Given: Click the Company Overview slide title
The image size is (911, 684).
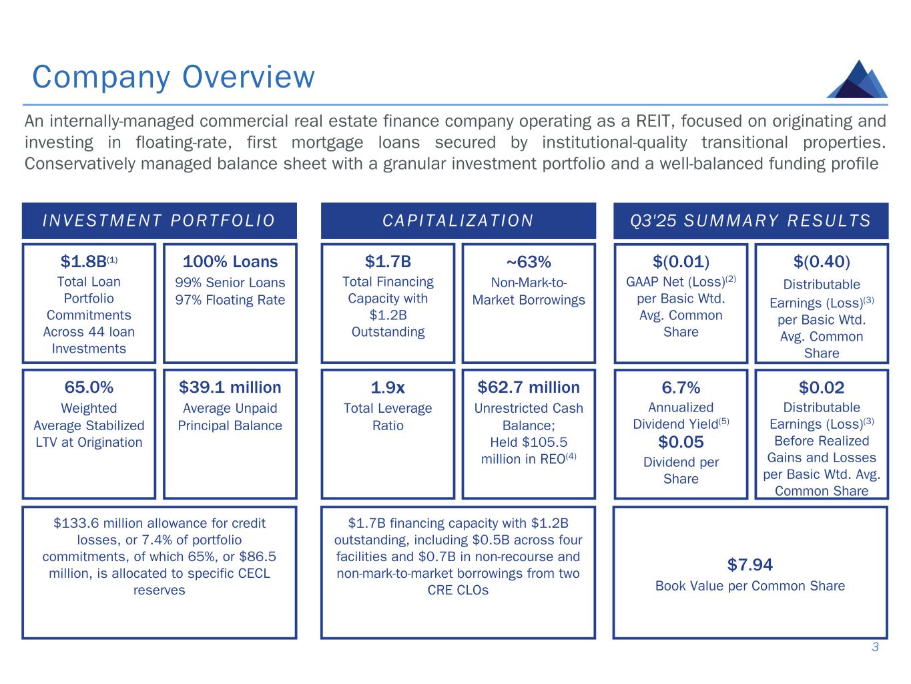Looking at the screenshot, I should coord(173,77).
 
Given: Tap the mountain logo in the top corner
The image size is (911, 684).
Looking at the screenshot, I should coord(857,79).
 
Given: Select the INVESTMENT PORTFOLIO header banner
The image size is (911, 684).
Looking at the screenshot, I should coord(159,221).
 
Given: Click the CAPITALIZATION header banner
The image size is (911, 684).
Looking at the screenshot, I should coord(458,221).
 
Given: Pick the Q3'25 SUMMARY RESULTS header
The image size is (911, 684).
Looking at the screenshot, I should coord(750,221).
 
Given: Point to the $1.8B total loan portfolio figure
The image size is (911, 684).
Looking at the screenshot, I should coord(85,261).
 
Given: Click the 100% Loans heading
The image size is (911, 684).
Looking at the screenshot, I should coord(230,261).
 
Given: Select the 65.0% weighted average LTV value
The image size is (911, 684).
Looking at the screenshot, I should coord(89,387).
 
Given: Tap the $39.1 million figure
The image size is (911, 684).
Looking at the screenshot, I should coord(230,387).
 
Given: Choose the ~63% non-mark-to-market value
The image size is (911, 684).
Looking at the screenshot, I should coord(528,261).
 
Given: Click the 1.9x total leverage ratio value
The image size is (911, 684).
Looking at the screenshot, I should coord(388,387).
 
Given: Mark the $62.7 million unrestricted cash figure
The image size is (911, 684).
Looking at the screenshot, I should coord(528,387).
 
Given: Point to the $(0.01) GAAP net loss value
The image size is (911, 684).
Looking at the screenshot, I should coord(681,261).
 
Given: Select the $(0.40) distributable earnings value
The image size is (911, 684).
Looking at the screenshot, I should coord(822,261).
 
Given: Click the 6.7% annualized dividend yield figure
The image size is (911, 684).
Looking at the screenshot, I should coord(681,387).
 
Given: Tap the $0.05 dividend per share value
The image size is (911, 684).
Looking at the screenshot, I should coord(681,442).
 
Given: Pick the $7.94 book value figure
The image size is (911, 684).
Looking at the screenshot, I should coord(750,565).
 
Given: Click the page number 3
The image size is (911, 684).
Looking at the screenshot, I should coord(875,647).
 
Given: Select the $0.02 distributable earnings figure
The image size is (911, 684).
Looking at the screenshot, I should coord(822,387).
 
